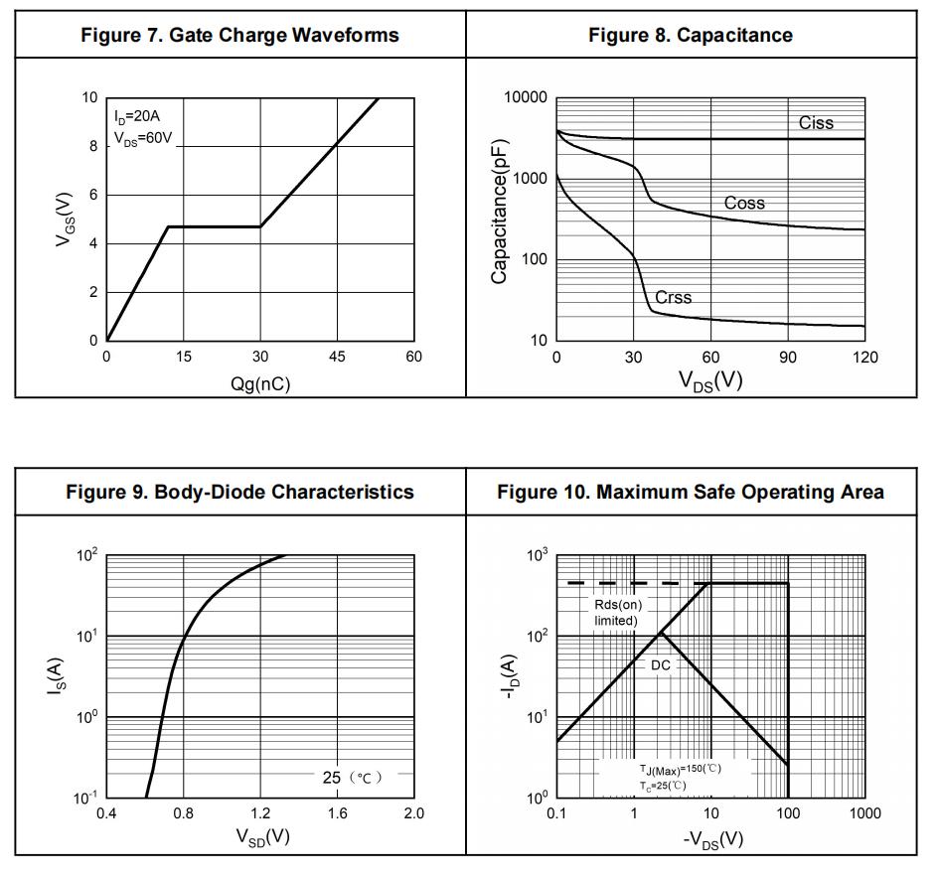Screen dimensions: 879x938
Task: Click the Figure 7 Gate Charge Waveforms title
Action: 239,35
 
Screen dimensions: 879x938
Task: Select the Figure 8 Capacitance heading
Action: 691,35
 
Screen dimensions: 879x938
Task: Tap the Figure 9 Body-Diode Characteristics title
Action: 239,492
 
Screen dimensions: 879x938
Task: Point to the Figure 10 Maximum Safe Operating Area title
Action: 691,492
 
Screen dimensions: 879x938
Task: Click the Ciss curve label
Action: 816,123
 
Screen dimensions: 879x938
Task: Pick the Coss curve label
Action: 744,203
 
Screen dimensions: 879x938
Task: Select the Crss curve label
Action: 673,297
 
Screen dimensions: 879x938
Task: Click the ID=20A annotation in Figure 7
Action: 137,116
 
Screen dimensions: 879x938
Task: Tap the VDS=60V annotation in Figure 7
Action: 143,139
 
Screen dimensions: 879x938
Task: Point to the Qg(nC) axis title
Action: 260,383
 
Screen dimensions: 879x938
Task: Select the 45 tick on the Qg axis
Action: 337,358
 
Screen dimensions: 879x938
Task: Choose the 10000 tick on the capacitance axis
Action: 526,97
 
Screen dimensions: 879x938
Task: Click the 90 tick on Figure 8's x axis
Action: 788,358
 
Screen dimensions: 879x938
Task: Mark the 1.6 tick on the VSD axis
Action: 337,813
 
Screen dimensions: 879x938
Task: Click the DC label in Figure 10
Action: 661,665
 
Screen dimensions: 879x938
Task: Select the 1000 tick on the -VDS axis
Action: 864,813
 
